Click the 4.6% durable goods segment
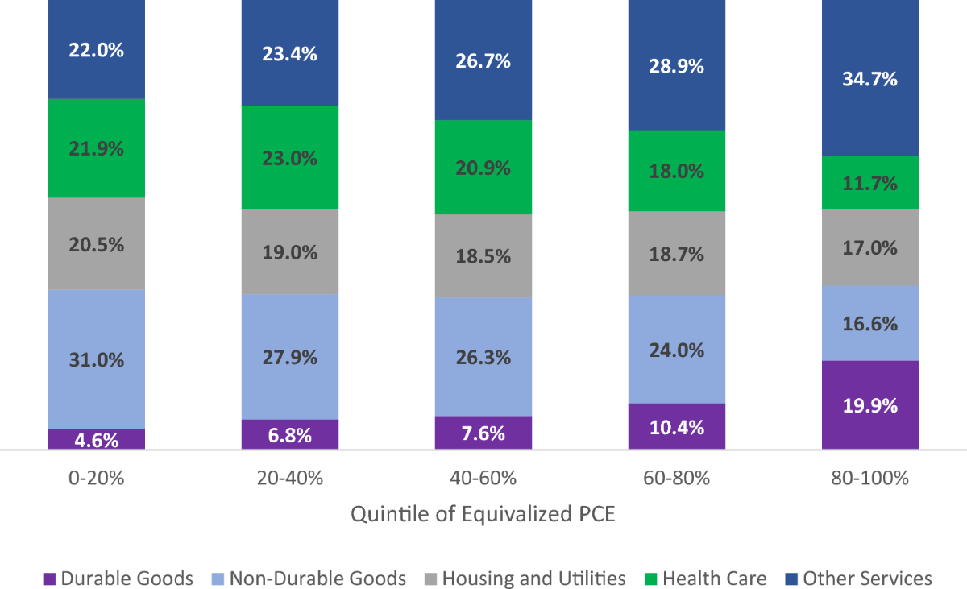[97, 439]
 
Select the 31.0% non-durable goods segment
[97, 359]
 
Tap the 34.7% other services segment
[870, 79]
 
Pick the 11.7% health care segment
[870, 183]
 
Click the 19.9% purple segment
[870, 404]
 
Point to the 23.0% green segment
[290, 158]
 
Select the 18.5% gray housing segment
[483, 256]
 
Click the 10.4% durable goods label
[677, 427]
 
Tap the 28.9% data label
[677, 66]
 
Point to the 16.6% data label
[870, 324]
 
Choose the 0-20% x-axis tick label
[97, 478]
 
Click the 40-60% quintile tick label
[483, 478]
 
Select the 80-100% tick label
[870, 478]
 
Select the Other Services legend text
[867, 579]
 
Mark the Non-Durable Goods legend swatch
[217, 579]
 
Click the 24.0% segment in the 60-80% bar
[677, 350]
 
